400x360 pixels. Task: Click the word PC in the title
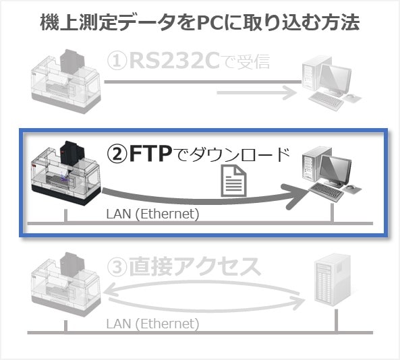click(210, 23)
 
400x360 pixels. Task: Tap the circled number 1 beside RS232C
click(117, 61)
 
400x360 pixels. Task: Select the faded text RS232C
click(175, 61)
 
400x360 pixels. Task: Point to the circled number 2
click(117, 154)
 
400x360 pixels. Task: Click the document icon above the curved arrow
click(234, 181)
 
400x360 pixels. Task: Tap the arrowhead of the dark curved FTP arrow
click(296, 196)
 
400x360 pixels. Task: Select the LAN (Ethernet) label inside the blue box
click(152, 214)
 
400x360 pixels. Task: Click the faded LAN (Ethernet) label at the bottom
click(152, 324)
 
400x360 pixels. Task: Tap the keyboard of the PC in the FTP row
click(326, 191)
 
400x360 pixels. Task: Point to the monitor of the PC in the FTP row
click(335, 171)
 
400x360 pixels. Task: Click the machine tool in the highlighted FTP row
click(66, 173)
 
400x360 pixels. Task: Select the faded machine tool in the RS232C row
click(66, 82)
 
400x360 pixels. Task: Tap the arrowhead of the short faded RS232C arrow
click(290, 93)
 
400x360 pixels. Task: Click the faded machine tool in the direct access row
click(66, 284)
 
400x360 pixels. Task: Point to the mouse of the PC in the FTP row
click(351, 188)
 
